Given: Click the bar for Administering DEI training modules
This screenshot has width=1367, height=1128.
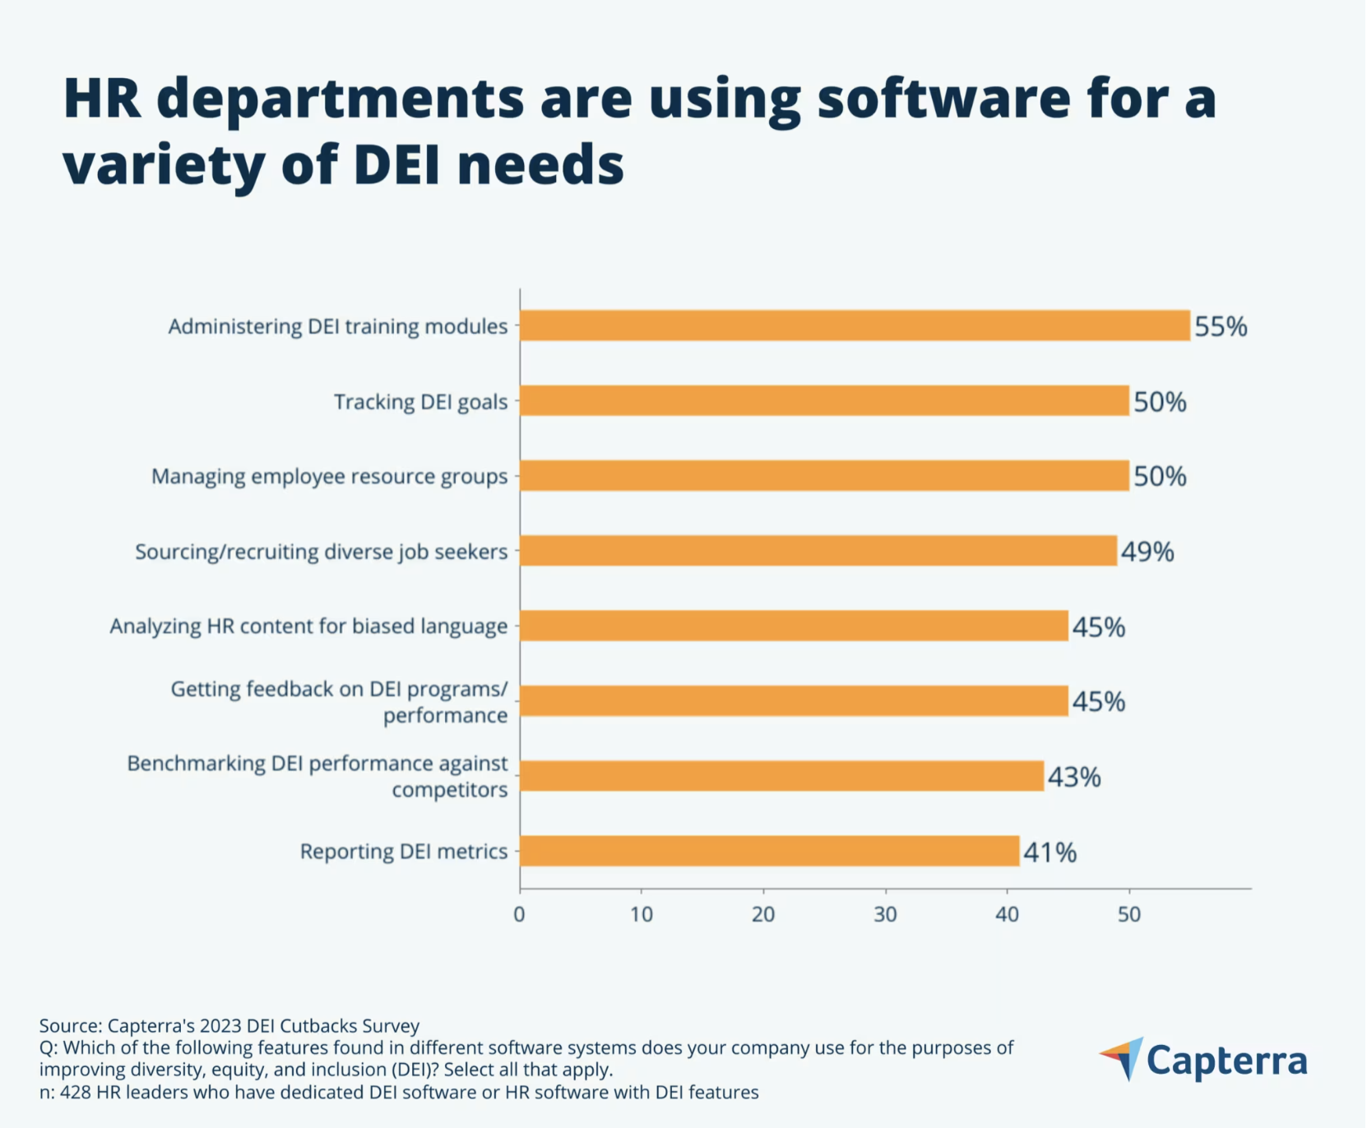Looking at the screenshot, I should [x=855, y=326].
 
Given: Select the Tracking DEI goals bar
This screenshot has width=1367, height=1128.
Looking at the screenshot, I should [x=824, y=401].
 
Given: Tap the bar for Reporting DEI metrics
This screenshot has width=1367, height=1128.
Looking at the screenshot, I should [x=770, y=851].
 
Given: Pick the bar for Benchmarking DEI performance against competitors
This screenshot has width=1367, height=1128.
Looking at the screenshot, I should [x=781, y=776].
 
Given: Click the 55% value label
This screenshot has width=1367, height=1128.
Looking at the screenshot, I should [x=1221, y=326].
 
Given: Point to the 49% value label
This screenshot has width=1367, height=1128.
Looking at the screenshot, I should [x=1147, y=552].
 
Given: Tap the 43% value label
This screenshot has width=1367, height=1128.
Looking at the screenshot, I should [x=1074, y=777].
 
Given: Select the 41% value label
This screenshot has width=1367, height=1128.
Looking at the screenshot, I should [x=1050, y=853].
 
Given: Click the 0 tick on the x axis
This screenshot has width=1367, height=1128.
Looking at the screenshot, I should [x=519, y=914].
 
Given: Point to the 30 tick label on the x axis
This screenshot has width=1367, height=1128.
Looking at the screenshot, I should [x=885, y=914].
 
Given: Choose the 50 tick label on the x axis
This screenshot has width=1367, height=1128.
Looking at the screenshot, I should [x=1128, y=914].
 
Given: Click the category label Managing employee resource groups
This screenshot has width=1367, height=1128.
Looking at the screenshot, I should [x=329, y=477].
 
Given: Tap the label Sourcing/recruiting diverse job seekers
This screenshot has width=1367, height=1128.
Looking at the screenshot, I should [x=321, y=552].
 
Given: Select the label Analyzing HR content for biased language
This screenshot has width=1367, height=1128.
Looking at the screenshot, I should [x=308, y=626].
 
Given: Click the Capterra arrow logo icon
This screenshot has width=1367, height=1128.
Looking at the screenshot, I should [x=1124, y=1058].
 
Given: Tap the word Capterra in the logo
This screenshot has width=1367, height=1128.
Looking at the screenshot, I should [x=1226, y=1061].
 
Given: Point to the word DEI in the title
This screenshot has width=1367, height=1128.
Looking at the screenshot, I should [x=398, y=164].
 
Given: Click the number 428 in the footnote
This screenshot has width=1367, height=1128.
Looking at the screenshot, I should [x=75, y=1093].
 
